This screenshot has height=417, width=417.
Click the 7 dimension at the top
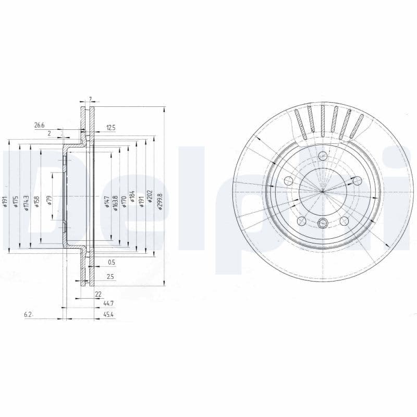pos(90,99)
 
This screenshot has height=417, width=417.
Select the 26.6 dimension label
pos(40,125)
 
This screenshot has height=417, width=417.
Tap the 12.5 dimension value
pos(111,128)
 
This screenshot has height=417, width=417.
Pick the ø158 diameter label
pos(36,201)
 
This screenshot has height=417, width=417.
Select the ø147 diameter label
pos(107,201)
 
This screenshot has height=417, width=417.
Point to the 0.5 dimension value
pos(111,262)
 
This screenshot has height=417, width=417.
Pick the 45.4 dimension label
pos(109,315)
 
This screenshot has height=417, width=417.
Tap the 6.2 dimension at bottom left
pos(28,315)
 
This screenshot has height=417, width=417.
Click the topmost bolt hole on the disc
pos(323,156)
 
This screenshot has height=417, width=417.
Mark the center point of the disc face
pos(323,191)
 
